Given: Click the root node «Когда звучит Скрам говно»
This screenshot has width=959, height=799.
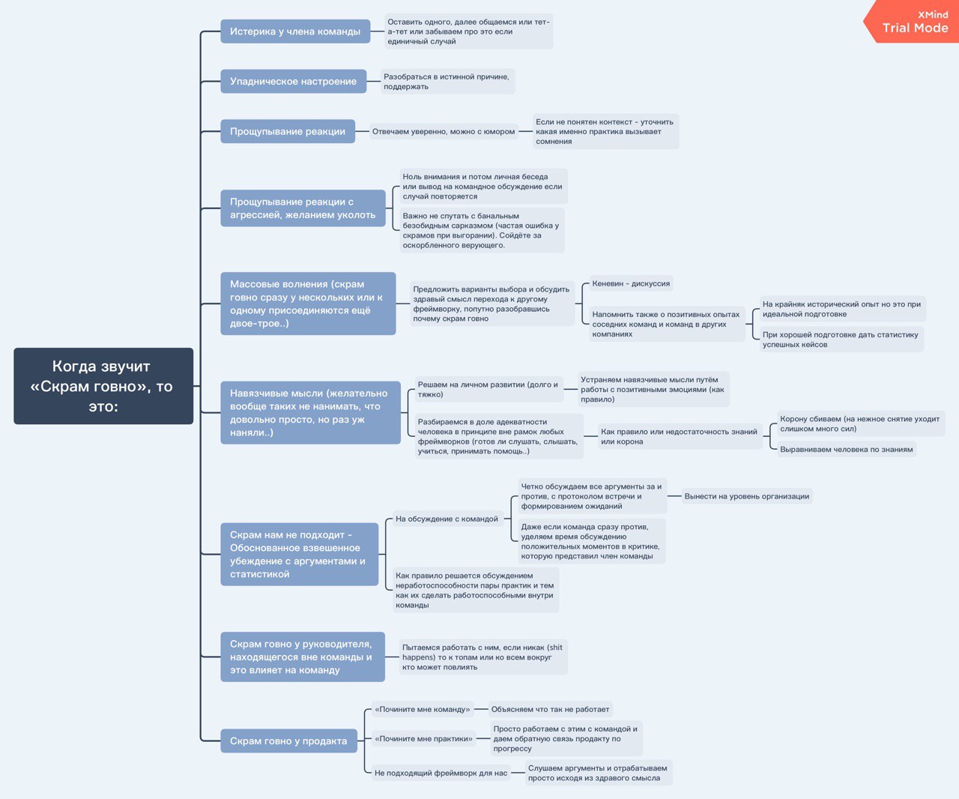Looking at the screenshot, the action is [103, 386].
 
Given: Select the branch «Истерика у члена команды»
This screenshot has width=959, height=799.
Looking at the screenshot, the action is [295, 31].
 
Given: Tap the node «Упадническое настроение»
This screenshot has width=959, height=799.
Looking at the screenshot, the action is [294, 82].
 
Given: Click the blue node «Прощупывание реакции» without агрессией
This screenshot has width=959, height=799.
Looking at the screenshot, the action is [288, 131].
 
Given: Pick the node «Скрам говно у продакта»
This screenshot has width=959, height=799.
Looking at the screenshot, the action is [288, 741].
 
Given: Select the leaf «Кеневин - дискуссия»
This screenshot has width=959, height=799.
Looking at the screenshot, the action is [631, 283].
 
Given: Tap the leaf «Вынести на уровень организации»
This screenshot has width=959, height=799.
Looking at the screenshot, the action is [747, 496].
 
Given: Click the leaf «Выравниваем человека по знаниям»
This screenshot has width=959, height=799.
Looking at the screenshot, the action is [847, 450].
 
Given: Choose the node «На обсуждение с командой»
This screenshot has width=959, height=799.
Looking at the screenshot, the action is [447, 519].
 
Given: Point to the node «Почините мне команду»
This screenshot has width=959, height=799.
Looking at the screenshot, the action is [423, 709].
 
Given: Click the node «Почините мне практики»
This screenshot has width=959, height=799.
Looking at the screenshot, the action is [423, 739].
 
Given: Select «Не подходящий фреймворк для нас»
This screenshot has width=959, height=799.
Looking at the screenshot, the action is [441, 773].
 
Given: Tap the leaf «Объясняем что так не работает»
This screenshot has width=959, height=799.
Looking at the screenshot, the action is [550, 709].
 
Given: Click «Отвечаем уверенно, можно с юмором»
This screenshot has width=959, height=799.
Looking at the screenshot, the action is [444, 131].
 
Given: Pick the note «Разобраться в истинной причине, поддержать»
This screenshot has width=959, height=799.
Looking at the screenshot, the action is [448, 82].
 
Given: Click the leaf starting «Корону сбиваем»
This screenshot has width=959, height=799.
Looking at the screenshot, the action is [861, 423].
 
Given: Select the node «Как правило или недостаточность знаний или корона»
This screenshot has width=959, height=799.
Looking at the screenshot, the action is [680, 436].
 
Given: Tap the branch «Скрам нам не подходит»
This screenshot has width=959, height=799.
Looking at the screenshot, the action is [300, 554].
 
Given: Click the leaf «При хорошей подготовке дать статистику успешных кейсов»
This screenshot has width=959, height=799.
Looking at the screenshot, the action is [841, 340].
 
